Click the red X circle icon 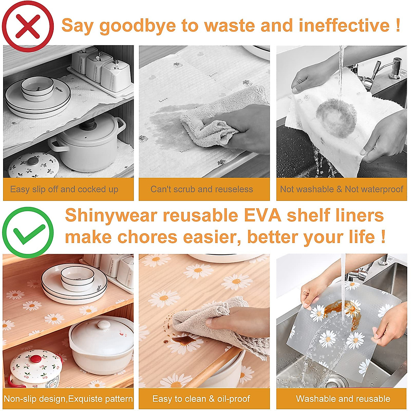28,26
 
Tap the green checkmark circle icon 28,233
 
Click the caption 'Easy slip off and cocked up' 64,189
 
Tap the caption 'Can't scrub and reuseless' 202,189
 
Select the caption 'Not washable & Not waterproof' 341,189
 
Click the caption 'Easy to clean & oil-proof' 201,399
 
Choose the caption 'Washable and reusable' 343,399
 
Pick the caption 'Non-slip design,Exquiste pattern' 68,399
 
